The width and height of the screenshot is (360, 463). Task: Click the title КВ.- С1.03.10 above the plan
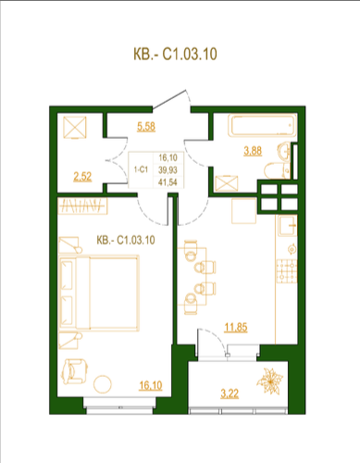[x=175, y=54]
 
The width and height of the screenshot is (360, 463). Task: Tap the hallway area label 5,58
[x=146, y=127]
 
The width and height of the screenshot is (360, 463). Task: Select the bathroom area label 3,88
[x=253, y=151]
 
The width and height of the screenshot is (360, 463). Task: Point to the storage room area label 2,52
[x=82, y=177]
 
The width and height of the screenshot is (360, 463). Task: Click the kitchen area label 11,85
[x=236, y=327]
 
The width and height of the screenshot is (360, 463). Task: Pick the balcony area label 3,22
[x=230, y=394]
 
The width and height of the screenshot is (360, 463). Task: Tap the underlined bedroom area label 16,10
[x=151, y=385]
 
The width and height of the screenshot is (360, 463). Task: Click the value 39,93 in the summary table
[x=168, y=169]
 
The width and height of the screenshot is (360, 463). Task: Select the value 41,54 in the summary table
[x=168, y=182]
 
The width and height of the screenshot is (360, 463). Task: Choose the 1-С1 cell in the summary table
[x=141, y=169]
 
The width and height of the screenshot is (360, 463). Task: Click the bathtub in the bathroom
[x=262, y=125]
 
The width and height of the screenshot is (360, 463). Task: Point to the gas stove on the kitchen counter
[x=286, y=271]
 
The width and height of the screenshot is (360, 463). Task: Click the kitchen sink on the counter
[x=287, y=226]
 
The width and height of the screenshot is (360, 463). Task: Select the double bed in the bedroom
[x=99, y=293]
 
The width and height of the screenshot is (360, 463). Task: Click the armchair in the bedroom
[x=74, y=371]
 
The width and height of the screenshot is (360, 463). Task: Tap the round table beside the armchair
[x=102, y=384]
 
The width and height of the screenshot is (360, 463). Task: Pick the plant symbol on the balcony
[x=270, y=381]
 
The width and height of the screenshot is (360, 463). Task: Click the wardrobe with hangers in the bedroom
[x=82, y=206]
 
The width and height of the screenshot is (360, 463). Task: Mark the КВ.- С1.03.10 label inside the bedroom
[x=126, y=240]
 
